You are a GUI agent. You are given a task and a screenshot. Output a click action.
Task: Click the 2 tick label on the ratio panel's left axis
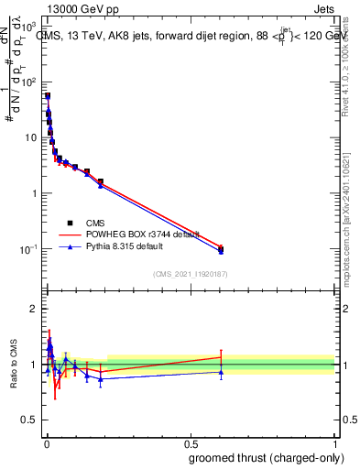click(35, 309)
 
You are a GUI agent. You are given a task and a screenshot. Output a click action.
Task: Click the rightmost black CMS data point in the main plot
click(221, 248)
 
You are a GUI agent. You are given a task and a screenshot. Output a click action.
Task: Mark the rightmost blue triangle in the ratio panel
click(221, 372)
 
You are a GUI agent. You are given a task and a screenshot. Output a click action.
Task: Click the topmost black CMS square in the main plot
click(48, 95)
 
